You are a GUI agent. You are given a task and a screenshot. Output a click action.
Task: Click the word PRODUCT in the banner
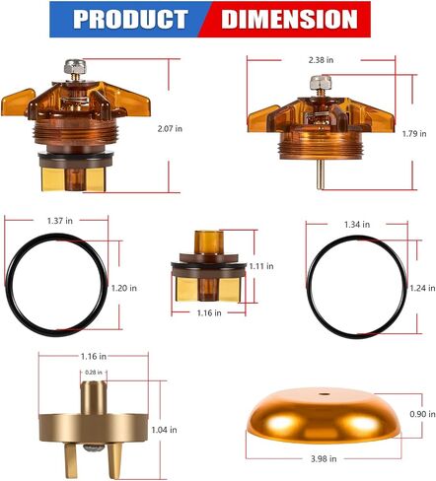(x=130, y=19)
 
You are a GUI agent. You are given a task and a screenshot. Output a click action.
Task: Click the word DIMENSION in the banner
(x=289, y=19)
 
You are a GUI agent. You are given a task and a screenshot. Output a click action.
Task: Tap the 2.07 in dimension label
(x=170, y=129)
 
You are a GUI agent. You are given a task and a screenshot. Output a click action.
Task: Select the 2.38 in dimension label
(x=321, y=60)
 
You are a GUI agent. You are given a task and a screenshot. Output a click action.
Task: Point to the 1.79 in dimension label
(x=414, y=134)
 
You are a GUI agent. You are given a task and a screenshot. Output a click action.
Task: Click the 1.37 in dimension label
(x=60, y=221)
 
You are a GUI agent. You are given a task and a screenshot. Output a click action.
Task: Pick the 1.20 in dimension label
(x=124, y=288)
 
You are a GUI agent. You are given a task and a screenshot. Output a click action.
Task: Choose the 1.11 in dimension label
(x=261, y=266)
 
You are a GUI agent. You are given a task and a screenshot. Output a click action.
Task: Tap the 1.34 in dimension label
(x=357, y=225)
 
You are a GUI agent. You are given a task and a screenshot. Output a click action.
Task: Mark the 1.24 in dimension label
(x=422, y=288)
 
